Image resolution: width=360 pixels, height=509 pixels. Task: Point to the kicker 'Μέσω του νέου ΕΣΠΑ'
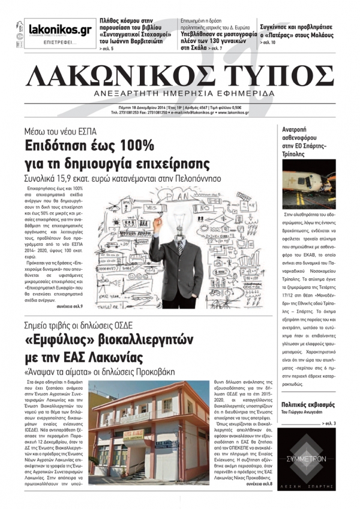(x=60, y=131)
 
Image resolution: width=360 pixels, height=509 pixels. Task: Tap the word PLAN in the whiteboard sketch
(x=178, y=195)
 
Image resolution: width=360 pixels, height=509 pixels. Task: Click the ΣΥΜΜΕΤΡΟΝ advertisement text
(x=309, y=457)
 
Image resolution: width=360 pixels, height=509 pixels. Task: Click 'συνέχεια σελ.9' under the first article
(x=70, y=306)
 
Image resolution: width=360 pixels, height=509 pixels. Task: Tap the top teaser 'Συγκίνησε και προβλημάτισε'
(x=296, y=26)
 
